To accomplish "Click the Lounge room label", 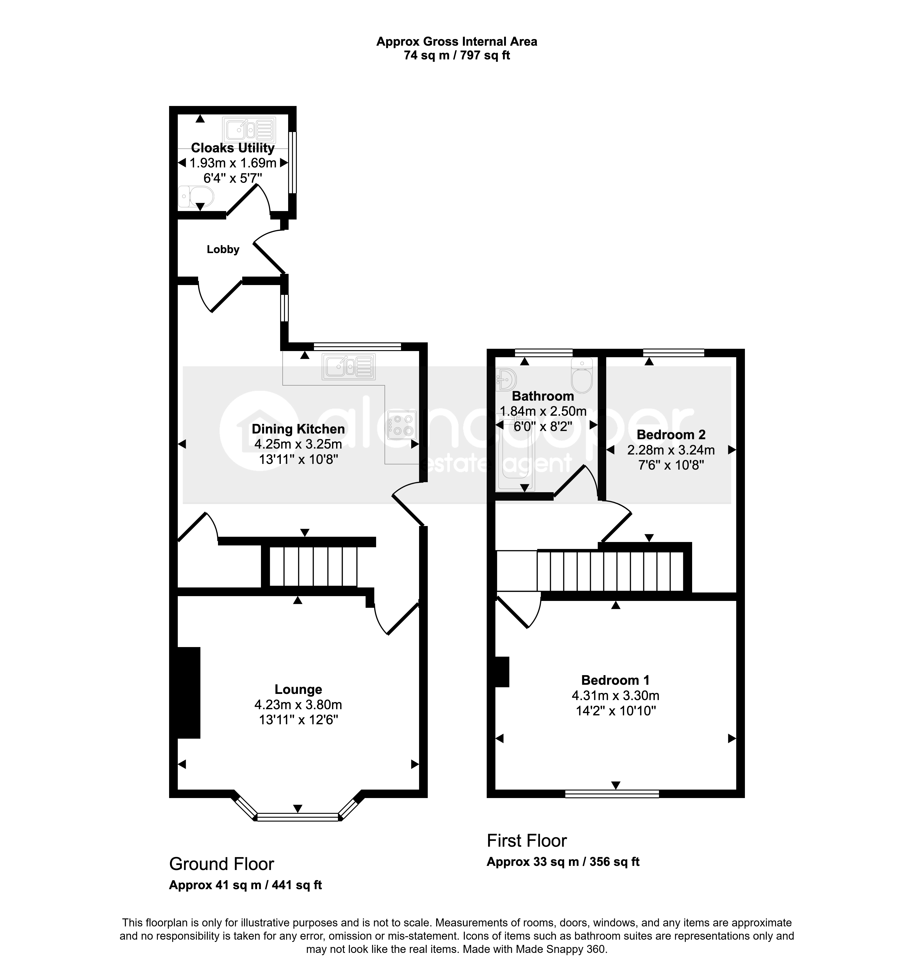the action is tap(298, 690).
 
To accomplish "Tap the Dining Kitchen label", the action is tap(298, 429).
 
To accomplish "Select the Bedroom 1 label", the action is tap(615, 680).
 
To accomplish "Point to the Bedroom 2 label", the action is tap(671, 435).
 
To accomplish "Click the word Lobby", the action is tap(223, 250).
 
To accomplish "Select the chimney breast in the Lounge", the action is tap(189, 693).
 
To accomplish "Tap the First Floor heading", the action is tap(527, 841).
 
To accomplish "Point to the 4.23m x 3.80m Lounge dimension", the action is tap(298, 705).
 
